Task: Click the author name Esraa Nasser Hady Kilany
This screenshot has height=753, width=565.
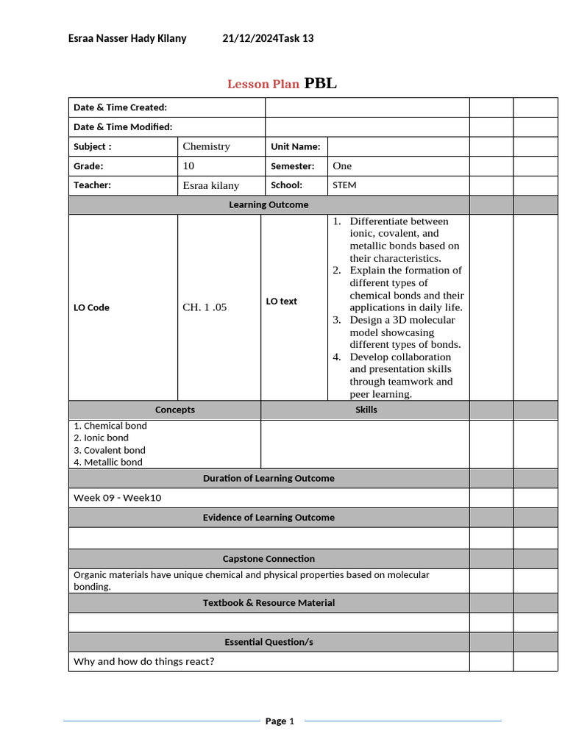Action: tap(127, 38)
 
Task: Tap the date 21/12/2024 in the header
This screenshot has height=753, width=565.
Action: tap(249, 38)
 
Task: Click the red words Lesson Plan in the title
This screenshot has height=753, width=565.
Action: tap(263, 84)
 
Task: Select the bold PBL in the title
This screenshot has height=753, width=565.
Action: tap(321, 83)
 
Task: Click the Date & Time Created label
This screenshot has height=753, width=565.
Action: tap(120, 107)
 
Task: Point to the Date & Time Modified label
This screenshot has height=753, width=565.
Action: tap(123, 126)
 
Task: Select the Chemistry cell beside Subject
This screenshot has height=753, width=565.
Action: tap(207, 146)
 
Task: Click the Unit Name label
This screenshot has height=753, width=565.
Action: tap(295, 146)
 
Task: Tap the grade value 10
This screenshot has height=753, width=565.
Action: tap(188, 166)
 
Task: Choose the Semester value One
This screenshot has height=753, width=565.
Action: tap(342, 166)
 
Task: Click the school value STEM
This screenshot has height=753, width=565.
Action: tap(344, 185)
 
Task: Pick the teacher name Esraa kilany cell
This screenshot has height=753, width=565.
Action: tap(210, 186)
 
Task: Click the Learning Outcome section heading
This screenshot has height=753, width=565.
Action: tap(269, 204)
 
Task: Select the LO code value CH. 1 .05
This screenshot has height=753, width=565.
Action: tap(205, 307)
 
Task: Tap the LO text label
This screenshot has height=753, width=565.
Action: tap(281, 301)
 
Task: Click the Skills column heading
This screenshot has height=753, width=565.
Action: tap(366, 410)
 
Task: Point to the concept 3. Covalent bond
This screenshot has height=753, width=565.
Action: tap(110, 450)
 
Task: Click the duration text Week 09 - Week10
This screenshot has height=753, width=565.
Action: tap(117, 498)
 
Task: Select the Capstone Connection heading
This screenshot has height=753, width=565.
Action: tap(269, 559)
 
